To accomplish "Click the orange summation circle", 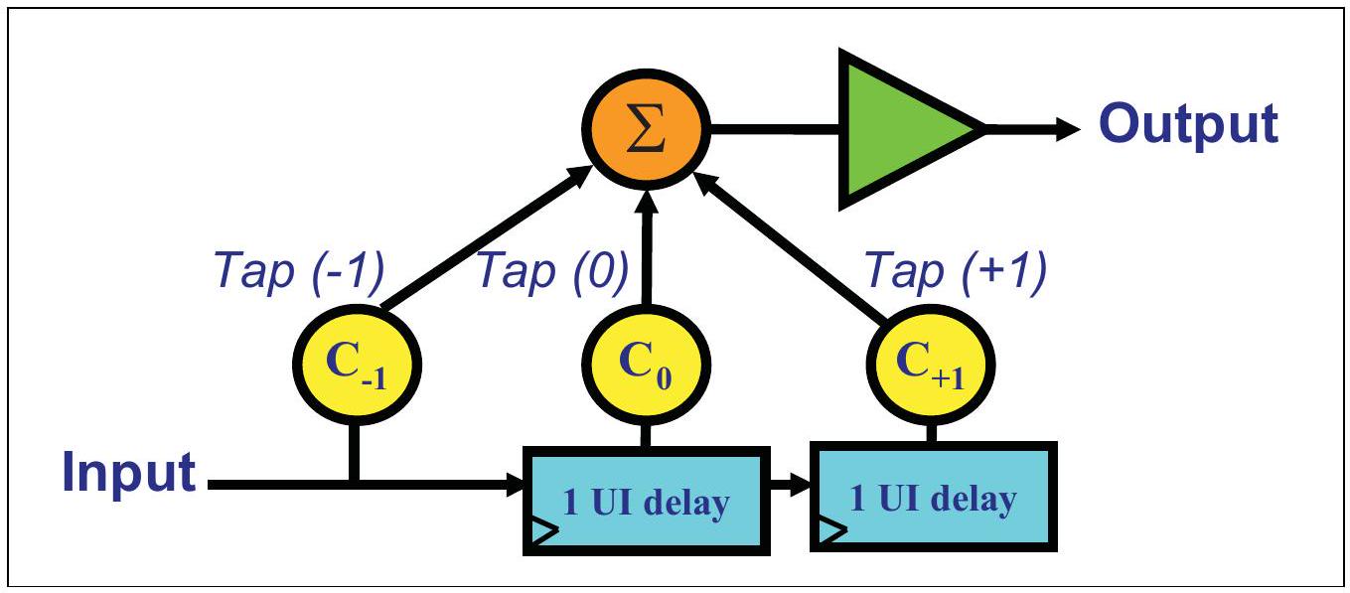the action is (x=646, y=129).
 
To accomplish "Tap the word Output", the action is (x=1188, y=124).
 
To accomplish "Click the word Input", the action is (x=129, y=474).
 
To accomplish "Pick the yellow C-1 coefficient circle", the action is (x=357, y=366).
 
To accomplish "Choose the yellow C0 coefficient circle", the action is (x=646, y=366).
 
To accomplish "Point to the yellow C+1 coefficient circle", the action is (x=931, y=366).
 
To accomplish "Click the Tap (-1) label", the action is (x=299, y=271).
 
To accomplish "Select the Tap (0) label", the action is (x=552, y=271).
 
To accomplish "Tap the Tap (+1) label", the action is (x=956, y=271).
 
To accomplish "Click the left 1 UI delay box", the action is (x=646, y=501).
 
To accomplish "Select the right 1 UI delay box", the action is (x=933, y=497).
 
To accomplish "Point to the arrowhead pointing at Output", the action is (x=1068, y=129).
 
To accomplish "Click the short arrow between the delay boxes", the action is (x=790, y=484).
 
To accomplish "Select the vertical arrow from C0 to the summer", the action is (x=647, y=248).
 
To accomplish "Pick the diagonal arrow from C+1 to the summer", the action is (x=790, y=245).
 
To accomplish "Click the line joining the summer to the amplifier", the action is (x=776, y=129).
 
